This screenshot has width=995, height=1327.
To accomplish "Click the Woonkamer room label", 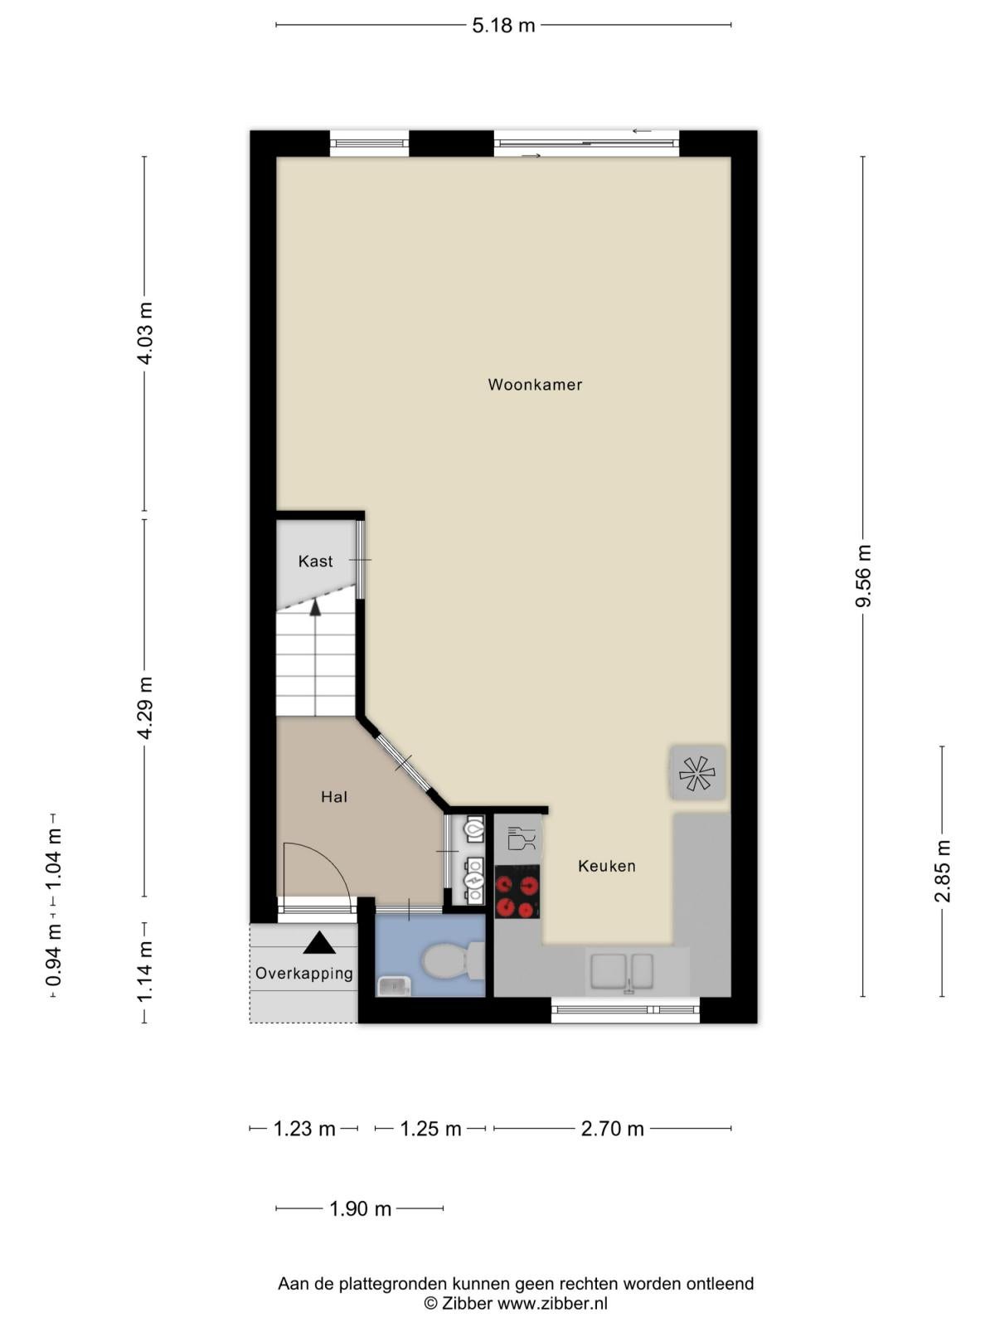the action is [535, 385].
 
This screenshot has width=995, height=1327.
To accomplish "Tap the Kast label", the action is [315, 561].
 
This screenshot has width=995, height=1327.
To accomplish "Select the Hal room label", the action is [334, 797].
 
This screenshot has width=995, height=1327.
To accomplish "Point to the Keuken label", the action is [607, 866].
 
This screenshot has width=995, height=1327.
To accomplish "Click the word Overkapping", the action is [303, 974].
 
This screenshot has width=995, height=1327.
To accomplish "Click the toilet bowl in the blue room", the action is [453, 960].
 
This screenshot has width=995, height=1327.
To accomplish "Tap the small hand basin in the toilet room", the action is [394, 987].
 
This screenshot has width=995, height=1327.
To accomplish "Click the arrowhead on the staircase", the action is [315, 607].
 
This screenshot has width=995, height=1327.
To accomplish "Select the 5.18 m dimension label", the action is [503, 26].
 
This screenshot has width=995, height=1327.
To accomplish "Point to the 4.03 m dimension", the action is [145, 333].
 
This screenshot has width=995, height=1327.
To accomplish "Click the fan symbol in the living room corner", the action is [697, 773].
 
